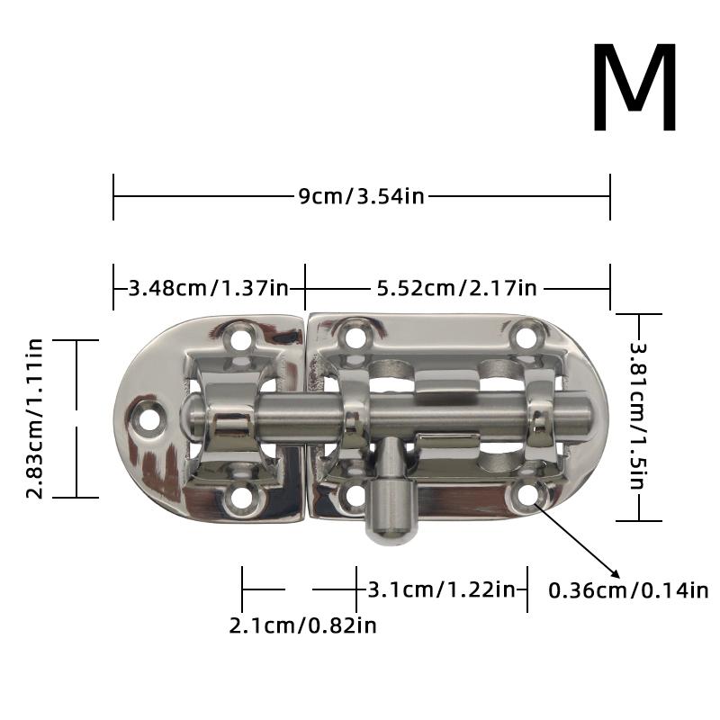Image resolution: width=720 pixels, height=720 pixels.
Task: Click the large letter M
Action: (x=634, y=90)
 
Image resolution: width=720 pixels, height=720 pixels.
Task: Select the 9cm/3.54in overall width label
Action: (x=361, y=196)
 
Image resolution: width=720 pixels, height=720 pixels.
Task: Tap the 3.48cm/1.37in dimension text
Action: (x=209, y=288)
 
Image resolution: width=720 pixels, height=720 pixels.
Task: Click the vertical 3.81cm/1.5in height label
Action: (x=637, y=417)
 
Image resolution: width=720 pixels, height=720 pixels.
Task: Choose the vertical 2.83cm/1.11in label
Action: (x=35, y=418)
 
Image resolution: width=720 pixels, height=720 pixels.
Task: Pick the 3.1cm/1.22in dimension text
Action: (x=441, y=590)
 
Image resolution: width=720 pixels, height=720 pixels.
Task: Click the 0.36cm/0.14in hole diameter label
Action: (x=628, y=591)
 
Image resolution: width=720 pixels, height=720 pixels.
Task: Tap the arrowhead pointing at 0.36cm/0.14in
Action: (x=616, y=574)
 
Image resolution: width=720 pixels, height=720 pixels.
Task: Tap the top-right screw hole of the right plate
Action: (x=526, y=338)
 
